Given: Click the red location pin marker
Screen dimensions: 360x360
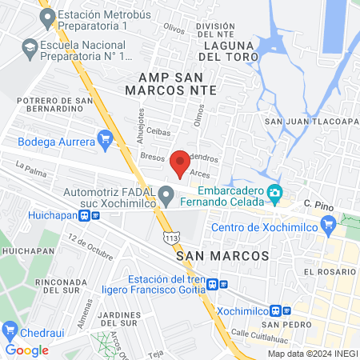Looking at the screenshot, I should coord(180,162).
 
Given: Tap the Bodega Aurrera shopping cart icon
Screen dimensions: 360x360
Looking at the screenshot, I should coord(104,140).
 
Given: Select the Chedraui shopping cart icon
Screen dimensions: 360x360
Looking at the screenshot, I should coord(10,330).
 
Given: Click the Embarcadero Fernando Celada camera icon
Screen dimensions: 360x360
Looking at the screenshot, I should coord(274,192).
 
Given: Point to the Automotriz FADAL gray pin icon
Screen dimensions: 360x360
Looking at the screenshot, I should coord(166,194).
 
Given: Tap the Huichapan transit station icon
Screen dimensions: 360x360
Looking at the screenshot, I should coord(85,216).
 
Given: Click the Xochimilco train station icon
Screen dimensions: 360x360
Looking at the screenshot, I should coord(277,310).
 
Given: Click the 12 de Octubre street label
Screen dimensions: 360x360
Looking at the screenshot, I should coord(90,250).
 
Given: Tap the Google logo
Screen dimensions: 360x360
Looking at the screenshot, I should coord(26,350).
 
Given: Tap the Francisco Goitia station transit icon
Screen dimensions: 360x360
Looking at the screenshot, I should coord(223,284).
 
